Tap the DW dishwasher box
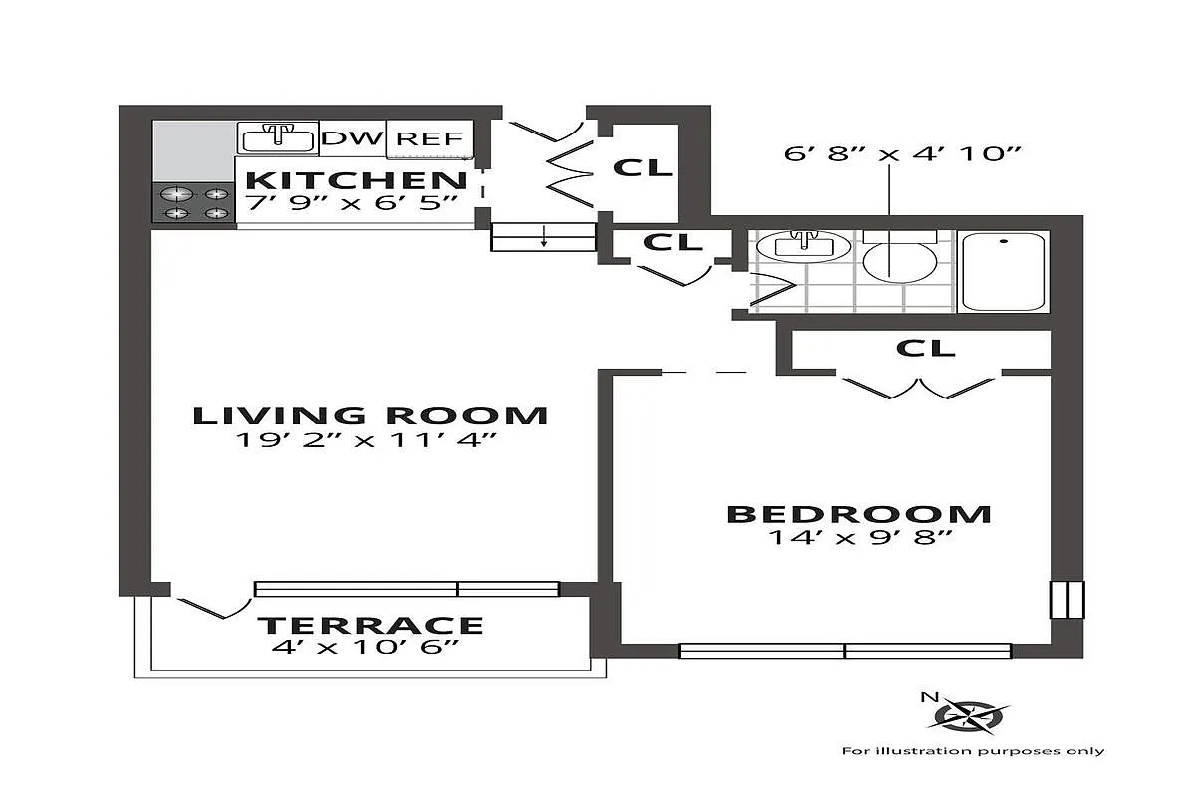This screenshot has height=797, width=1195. click(x=352, y=138)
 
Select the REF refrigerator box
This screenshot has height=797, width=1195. click(x=429, y=138)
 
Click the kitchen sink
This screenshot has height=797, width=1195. click(x=277, y=137)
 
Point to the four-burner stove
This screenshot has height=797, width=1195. click(x=193, y=202)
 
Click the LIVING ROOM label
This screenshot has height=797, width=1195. click(x=369, y=415)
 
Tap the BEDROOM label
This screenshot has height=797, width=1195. click(x=858, y=514)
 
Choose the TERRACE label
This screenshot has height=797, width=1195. click(x=370, y=626)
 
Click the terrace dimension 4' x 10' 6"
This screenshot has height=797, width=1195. click(x=370, y=648)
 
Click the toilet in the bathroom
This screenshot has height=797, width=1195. click(x=898, y=257)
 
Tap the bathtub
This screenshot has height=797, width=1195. click(x=1004, y=271)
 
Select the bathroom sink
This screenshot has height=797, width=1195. click(x=803, y=245)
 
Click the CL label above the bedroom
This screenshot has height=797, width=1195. click(x=925, y=348)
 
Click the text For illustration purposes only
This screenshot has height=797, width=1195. click(x=973, y=751)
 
